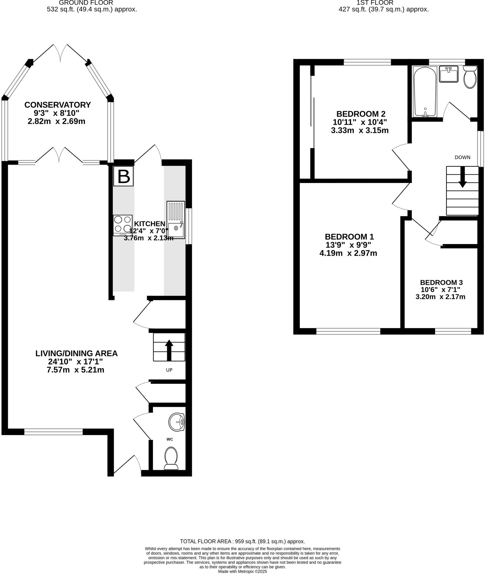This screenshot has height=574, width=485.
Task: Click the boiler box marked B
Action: coord(123,176)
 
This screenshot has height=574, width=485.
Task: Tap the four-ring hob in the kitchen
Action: coord(123,225)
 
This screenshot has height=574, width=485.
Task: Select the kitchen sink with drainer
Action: coord(176,220)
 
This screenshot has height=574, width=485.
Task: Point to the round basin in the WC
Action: coord(177,422)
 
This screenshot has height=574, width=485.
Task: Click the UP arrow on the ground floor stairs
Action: coord(169,350)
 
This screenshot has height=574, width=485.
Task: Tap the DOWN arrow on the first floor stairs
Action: coord(462,177)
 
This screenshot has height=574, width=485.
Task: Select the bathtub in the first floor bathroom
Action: coord(425,92)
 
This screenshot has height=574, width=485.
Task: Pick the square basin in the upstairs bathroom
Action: coord(449,74)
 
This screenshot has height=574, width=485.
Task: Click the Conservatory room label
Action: coord(57,105)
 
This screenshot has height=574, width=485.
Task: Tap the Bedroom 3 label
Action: coord(441,283)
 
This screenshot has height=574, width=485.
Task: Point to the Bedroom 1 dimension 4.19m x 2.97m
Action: coord(348,253)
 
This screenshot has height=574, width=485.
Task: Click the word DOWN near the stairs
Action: coord(462,158)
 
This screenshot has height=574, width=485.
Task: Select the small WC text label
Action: coord(170,439)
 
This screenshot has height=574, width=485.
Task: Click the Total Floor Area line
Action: coord(242,541)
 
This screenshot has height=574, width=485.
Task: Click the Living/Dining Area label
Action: coord(76,353)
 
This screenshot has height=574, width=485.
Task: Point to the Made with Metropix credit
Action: coord(242,571)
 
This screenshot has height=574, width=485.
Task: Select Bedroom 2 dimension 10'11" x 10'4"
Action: coord(360,122)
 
